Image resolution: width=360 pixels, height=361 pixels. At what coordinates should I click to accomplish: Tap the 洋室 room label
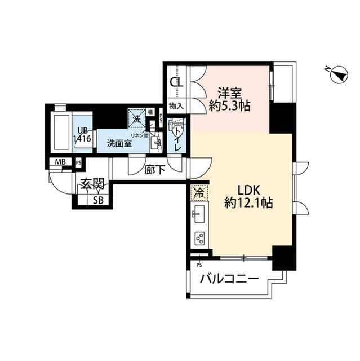point(229,91)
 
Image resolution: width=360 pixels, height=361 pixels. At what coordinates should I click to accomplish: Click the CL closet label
point(176,82)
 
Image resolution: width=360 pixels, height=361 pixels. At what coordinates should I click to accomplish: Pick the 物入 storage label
point(176,105)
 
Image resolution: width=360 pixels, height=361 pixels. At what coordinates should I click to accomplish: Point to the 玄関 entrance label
point(91,183)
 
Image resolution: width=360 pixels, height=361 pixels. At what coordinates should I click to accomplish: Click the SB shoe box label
point(97,200)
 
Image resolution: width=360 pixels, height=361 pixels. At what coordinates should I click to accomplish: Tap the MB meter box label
point(59,162)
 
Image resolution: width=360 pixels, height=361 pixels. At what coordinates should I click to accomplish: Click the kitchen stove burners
point(199,237)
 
